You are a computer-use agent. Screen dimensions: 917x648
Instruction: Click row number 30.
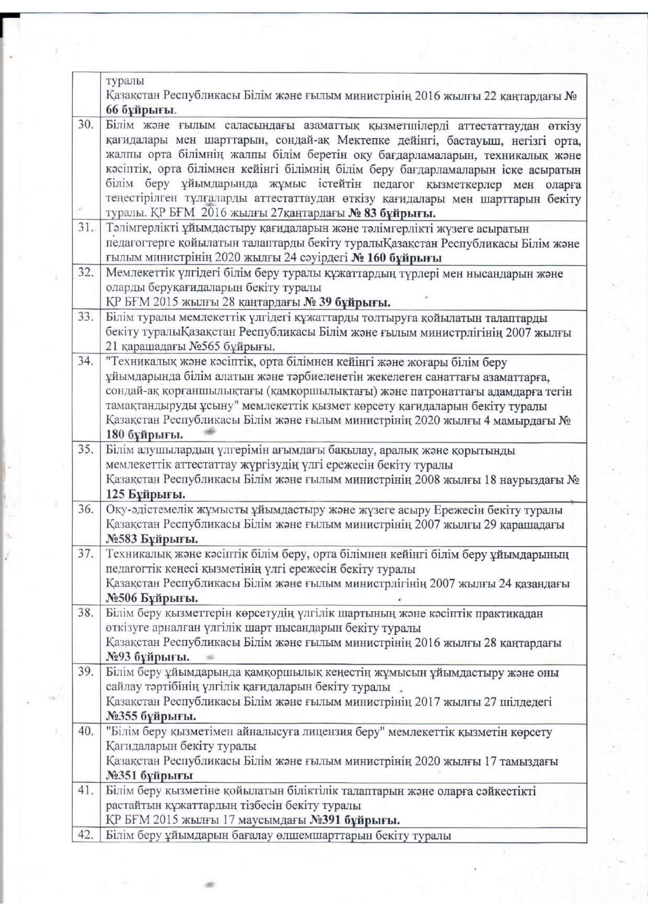pos(86,125)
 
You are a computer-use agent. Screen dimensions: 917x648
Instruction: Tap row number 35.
pos(86,450)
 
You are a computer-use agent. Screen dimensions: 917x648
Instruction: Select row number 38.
pos(86,613)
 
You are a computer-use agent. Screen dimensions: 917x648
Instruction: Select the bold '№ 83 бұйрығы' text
pos(392,213)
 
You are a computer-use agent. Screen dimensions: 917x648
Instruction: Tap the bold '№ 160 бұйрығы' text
pos(397,258)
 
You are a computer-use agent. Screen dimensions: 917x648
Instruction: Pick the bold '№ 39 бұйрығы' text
pos(347,303)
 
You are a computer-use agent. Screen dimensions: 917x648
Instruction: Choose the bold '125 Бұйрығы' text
pos(146,494)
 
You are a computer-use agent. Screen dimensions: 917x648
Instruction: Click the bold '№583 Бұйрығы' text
pos(152,539)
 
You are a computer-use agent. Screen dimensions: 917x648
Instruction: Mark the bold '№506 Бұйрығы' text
pos(152,598)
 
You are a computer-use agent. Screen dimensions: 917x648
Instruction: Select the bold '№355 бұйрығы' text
pos(151,716)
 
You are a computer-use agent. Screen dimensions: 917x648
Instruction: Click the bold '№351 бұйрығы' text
pos(150,775)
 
